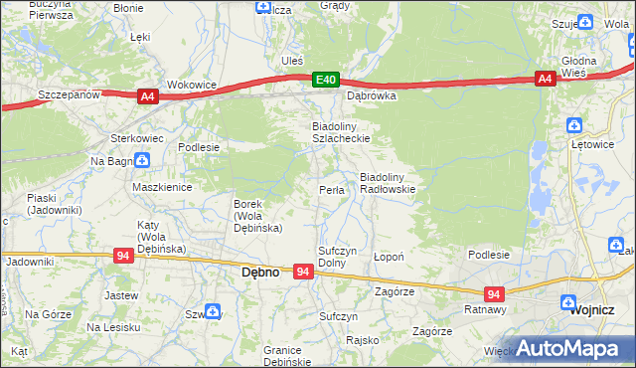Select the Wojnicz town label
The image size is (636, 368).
(593, 309)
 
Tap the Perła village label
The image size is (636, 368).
(331, 190)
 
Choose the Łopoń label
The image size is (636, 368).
(388, 257)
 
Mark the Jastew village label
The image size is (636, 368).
(120, 295)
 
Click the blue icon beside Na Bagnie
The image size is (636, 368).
(142, 159)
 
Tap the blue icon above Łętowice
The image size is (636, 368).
(572, 125)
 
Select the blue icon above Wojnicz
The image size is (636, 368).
(568, 302)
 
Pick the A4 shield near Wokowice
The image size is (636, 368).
(147, 95)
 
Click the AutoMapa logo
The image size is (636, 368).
(573, 348)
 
